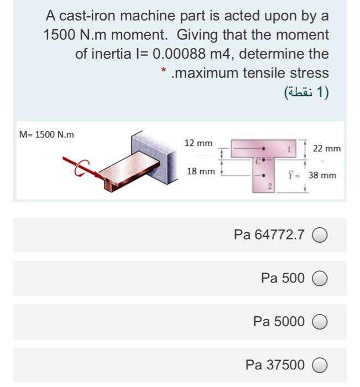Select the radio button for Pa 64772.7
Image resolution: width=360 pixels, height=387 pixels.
click(320, 235)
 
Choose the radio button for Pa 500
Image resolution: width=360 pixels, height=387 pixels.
click(320, 278)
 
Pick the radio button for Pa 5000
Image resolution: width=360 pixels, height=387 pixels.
click(320, 321)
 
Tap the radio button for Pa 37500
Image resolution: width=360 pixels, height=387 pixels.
click(320, 365)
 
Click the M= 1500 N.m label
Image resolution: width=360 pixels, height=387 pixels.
click(46, 134)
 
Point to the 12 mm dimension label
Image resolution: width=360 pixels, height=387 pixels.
click(199, 143)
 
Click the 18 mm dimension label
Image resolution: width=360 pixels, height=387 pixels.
click(201, 171)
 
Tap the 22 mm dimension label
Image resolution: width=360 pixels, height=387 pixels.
click(326, 149)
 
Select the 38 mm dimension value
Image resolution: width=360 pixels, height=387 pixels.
click(322, 175)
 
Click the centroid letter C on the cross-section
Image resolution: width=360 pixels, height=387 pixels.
click(258, 160)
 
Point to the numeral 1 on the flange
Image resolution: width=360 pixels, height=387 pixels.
click(288, 148)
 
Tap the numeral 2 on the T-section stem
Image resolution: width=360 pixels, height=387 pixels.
click(270, 187)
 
